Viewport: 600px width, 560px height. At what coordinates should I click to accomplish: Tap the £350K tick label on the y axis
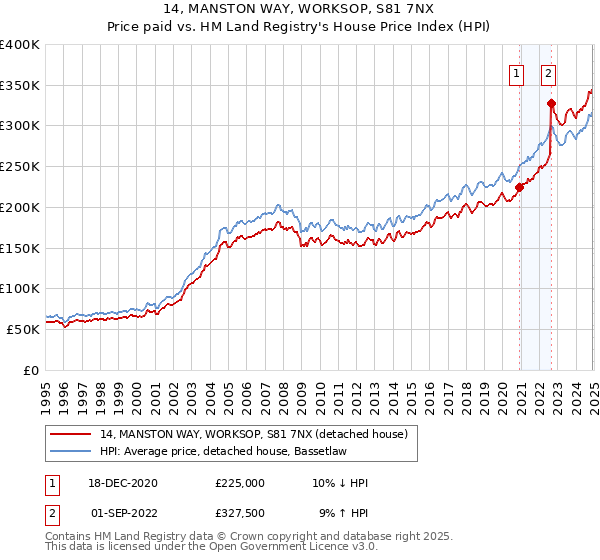(19, 85)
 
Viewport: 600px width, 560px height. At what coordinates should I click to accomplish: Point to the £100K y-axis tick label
(19, 288)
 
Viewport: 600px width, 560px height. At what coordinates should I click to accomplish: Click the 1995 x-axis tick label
(46, 386)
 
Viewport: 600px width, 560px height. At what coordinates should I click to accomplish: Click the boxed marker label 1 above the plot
(516, 72)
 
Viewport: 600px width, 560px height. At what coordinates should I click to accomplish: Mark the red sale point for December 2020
(519, 186)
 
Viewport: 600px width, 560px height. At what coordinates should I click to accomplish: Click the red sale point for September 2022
(551, 103)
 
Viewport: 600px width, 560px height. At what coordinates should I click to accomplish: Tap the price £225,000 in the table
(240, 483)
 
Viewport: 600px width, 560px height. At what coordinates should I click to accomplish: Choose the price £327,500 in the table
(240, 512)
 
